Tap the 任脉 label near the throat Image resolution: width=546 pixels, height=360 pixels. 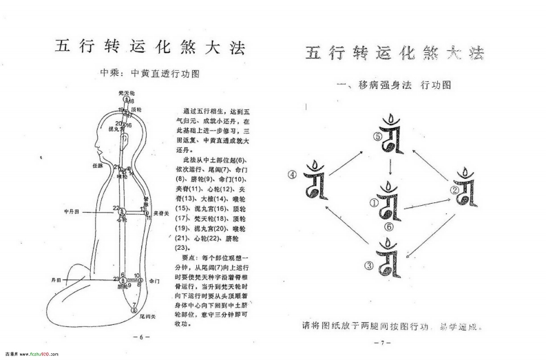point(97,165)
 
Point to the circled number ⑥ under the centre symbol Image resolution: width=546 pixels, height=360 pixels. point(389,226)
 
